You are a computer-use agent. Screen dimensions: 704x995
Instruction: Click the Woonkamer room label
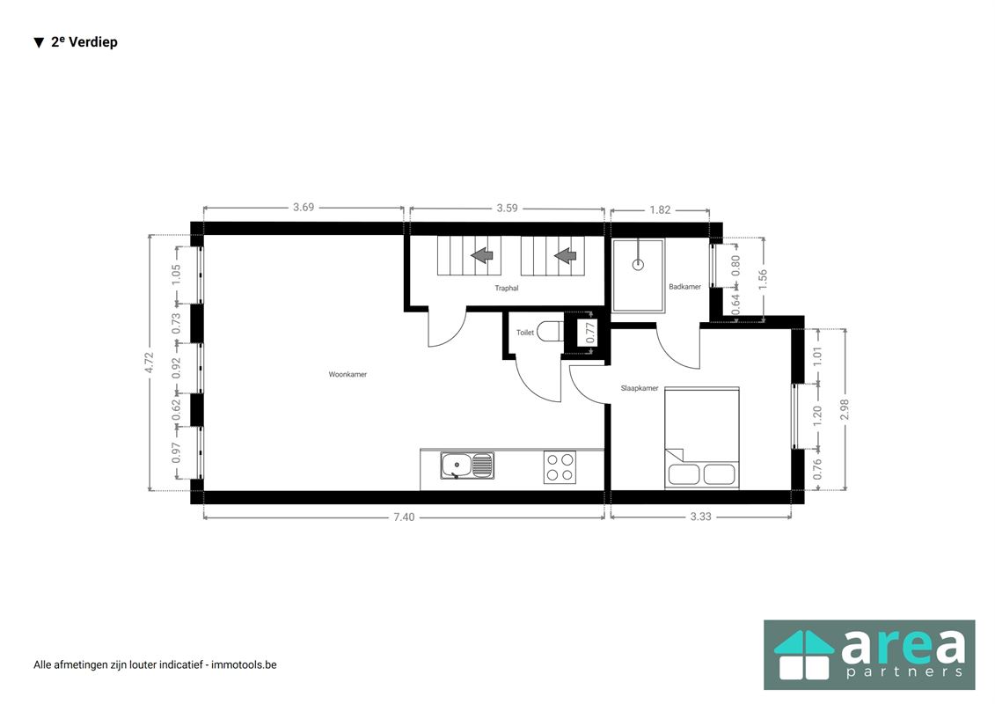point(348,374)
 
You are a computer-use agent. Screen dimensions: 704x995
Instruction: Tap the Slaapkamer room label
point(640,388)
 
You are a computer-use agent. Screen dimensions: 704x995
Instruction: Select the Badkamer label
point(684,287)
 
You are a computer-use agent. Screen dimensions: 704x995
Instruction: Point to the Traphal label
point(507,288)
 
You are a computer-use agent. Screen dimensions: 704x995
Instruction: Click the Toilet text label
point(525,333)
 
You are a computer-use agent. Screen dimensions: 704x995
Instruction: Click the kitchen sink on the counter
point(467,465)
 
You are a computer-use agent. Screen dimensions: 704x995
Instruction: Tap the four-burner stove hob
point(560,466)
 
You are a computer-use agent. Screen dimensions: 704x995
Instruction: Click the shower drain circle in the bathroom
point(638,263)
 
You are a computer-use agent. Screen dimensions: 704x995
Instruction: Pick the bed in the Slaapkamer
point(701,437)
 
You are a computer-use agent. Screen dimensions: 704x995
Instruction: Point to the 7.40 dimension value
point(403,517)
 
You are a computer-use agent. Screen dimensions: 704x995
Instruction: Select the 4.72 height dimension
point(150,363)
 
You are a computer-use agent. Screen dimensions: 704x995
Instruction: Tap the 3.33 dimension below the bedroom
point(700,517)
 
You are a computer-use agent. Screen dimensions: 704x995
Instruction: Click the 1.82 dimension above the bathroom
point(660,209)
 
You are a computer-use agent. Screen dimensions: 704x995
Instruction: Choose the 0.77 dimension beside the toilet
point(591,333)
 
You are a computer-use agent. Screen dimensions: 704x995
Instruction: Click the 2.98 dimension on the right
point(845,409)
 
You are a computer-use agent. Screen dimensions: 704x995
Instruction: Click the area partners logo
point(869,655)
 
